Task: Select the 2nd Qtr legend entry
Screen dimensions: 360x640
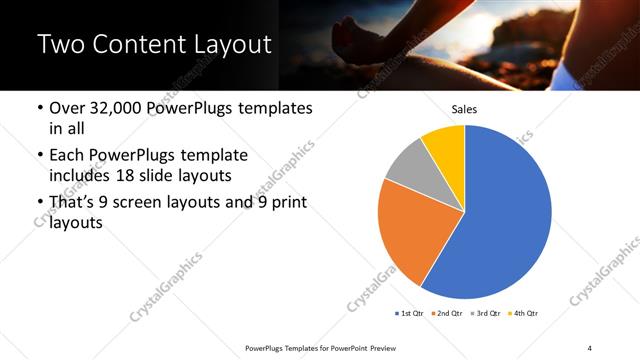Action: click(x=446, y=314)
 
